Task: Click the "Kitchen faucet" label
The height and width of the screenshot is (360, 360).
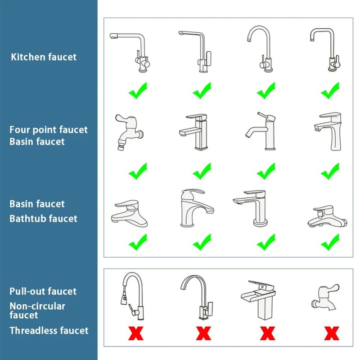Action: click(44, 57)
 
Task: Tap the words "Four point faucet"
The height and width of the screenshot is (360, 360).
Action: click(49, 130)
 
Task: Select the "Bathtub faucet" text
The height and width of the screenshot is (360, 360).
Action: click(44, 219)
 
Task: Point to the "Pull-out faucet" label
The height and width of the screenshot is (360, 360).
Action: click(43, 292)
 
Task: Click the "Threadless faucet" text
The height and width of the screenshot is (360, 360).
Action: click(49, 331)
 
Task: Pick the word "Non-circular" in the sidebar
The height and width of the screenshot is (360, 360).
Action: click(37, 306)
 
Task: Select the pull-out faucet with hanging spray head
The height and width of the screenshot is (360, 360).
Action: click(133, 295)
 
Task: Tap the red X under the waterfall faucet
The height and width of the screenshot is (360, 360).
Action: click(267, 333)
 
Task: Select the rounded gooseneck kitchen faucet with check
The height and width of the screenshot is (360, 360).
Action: click(262, 49)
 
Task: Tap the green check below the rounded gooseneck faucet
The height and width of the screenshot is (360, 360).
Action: click(266, 92)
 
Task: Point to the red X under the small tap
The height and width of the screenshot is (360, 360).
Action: click(332, 333)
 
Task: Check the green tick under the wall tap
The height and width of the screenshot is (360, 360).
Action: click(137, 171)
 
